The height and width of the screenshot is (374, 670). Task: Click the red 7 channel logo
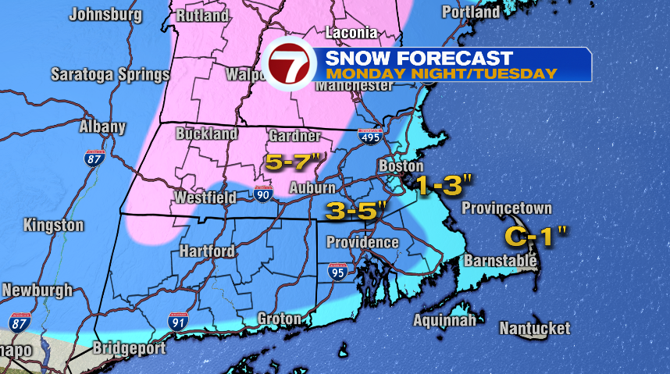pos(288,64)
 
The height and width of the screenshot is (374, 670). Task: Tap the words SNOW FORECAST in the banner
pos(419,58)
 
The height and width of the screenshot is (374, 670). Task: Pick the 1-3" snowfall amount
pos(444,186)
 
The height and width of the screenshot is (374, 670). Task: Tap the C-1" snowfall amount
pos(534,235)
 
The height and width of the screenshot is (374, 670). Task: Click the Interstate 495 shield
pos(370,136)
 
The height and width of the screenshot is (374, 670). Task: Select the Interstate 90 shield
pos(263,193)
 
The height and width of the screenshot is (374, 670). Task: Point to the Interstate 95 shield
pos(339,272)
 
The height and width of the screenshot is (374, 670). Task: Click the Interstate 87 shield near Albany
pos(94,158)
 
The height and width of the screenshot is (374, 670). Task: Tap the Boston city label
pos(401,166)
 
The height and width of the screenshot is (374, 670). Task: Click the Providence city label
pos(362,243)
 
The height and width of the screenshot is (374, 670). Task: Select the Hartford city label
pos(207,251)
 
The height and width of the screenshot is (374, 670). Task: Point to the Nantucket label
pos(535,329)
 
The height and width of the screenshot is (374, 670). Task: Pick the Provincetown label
pos(506,208)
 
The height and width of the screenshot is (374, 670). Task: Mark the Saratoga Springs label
pos(110,76)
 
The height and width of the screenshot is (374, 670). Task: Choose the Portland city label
pos(471,12)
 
